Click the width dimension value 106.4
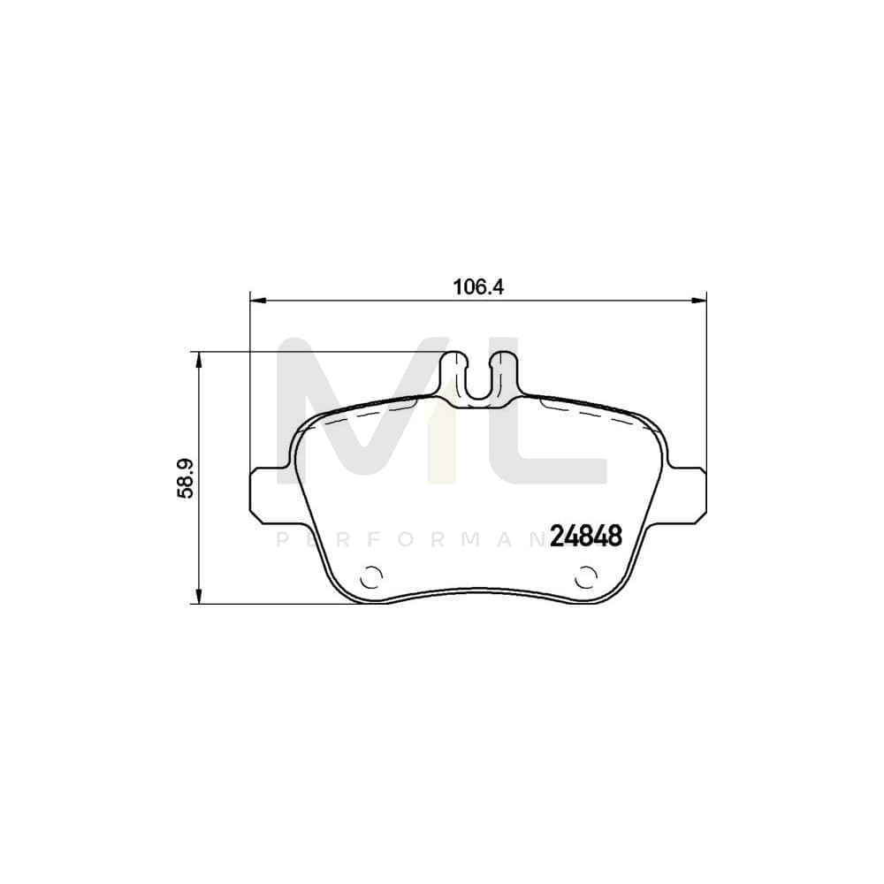[478, 286]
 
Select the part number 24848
[587, 535]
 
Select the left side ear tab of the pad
[266, 492]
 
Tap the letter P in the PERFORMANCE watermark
[283, 540]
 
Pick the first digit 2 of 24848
[559, 535]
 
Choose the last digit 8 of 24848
[616, 535]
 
